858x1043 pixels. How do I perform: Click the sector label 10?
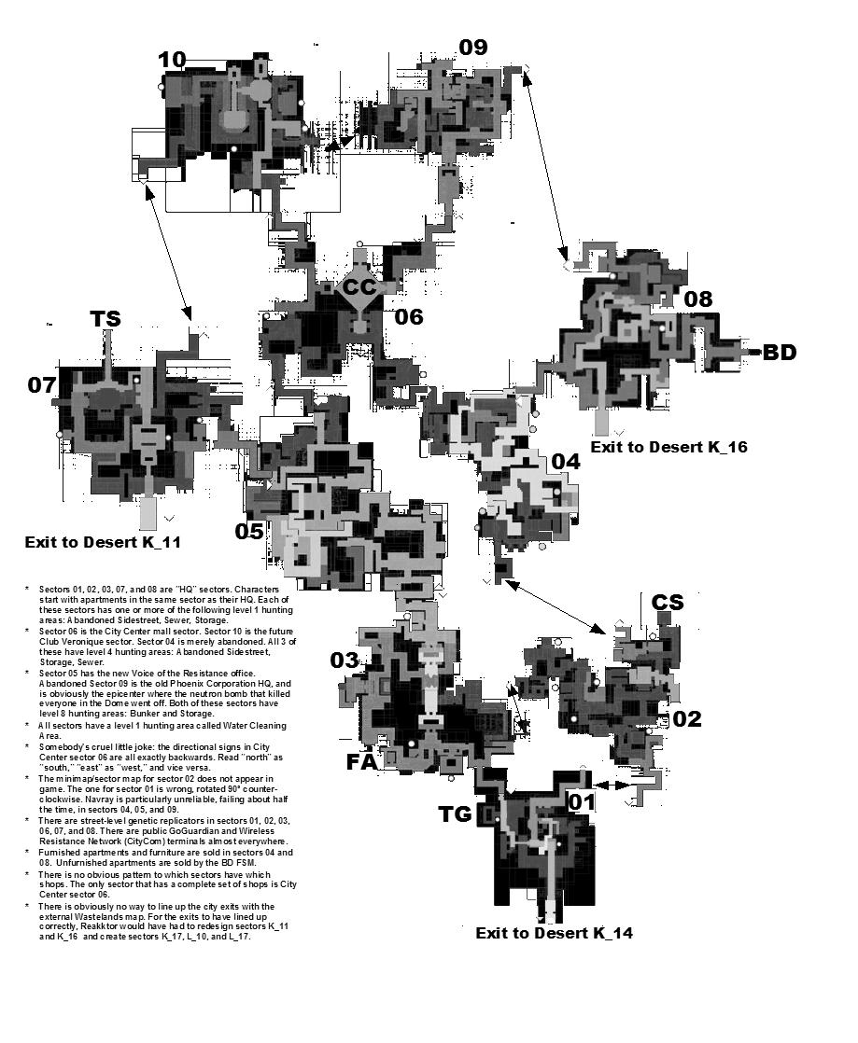(172, 61)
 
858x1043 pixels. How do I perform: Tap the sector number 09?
(472, 47)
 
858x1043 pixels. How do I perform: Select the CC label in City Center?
(359, 288)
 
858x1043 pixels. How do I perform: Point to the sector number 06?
(408, 317)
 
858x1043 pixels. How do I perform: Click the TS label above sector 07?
(105, 319)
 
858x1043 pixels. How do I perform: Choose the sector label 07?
(42, 384)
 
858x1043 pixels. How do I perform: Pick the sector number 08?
(697, 299)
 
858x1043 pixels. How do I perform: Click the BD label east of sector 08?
(780, 353)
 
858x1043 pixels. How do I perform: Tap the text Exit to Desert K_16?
(668, 447)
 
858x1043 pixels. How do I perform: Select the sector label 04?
(566, 462)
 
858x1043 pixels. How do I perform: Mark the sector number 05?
(249, 531)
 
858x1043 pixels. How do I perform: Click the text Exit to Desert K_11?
(104, 542)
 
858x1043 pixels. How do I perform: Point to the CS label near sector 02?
(668, 603)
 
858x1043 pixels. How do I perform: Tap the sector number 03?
(345, 661)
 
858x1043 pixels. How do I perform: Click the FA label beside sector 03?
(361, 761)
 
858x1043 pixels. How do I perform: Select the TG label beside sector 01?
(456, 814)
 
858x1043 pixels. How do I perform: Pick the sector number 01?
(583, 802)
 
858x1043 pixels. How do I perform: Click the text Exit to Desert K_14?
(555, 933)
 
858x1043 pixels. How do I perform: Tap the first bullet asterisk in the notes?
(28, 590)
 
